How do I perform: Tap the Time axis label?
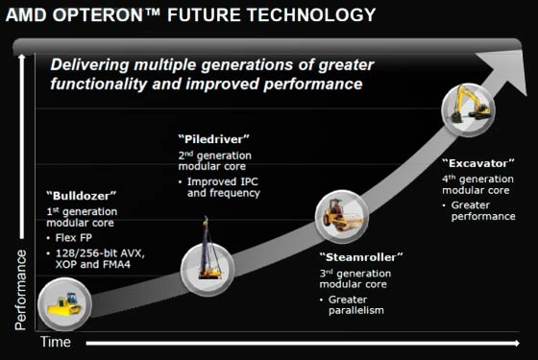click(x=55, y=343)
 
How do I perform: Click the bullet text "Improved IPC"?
click(x=223, y=182)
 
